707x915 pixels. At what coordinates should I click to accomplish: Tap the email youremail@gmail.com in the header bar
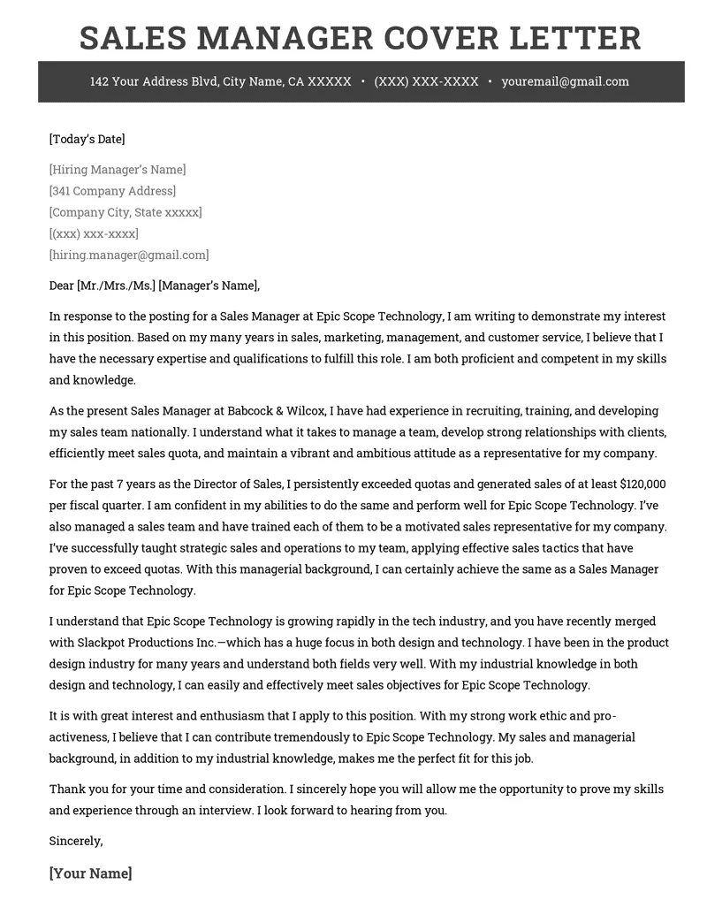[565, 81]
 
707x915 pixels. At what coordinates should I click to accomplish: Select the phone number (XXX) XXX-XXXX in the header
[426, 81]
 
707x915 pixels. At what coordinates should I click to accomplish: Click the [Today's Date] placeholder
[87, 139]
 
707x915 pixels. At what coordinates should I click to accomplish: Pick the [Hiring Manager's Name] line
[118, 170]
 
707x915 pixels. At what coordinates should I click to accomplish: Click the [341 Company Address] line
[112, 191]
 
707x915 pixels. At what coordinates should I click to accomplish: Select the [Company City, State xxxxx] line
[125, 212]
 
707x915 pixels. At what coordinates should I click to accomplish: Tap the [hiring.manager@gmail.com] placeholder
[129, 255]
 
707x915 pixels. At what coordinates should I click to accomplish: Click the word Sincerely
[76, 841]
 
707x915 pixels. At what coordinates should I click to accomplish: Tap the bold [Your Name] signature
[91, 873]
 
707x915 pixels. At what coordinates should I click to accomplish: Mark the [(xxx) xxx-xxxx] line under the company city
[94, 233]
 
